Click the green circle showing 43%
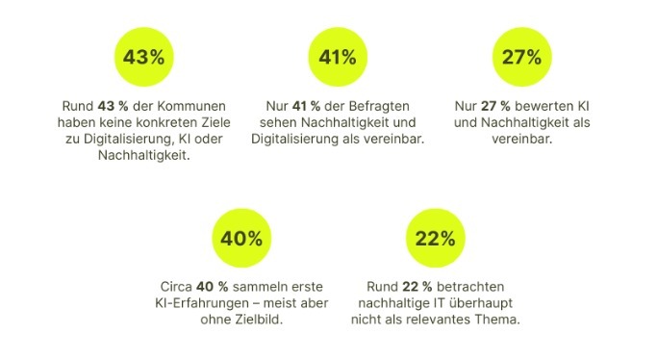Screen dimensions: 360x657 pos(144,57)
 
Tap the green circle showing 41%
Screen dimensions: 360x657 pos(338,57)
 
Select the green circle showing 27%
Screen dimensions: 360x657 pos(521,57)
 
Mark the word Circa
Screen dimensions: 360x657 pos(174,288)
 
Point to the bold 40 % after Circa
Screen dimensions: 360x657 pos(212,288)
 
